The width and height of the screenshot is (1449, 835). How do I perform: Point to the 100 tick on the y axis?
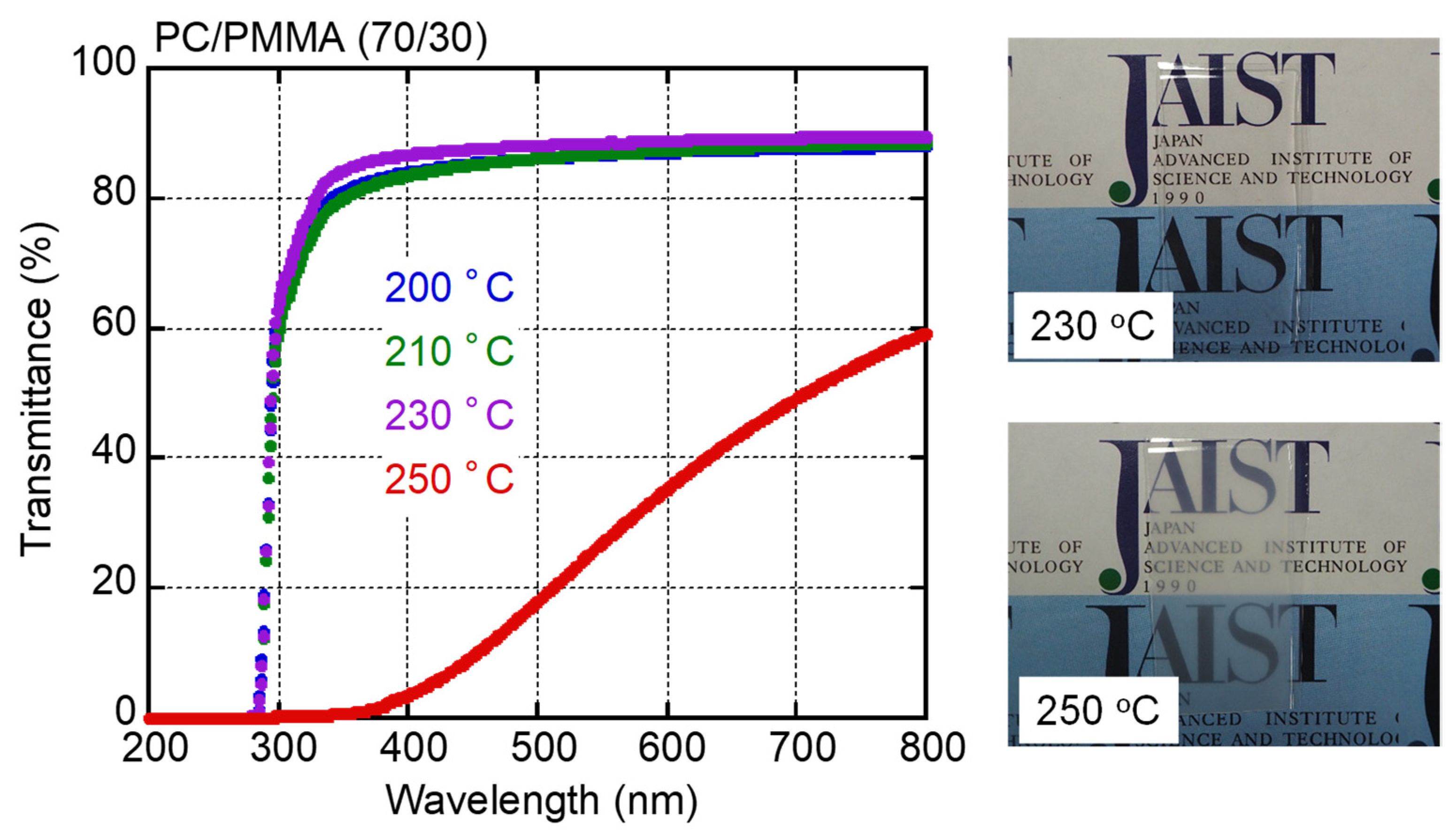(103, 62)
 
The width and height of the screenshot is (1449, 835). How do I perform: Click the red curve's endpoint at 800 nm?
(924, 334)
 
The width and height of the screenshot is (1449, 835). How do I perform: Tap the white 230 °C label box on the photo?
(1092, 326)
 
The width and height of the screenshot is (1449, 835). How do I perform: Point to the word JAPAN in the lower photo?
(1170, 528)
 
